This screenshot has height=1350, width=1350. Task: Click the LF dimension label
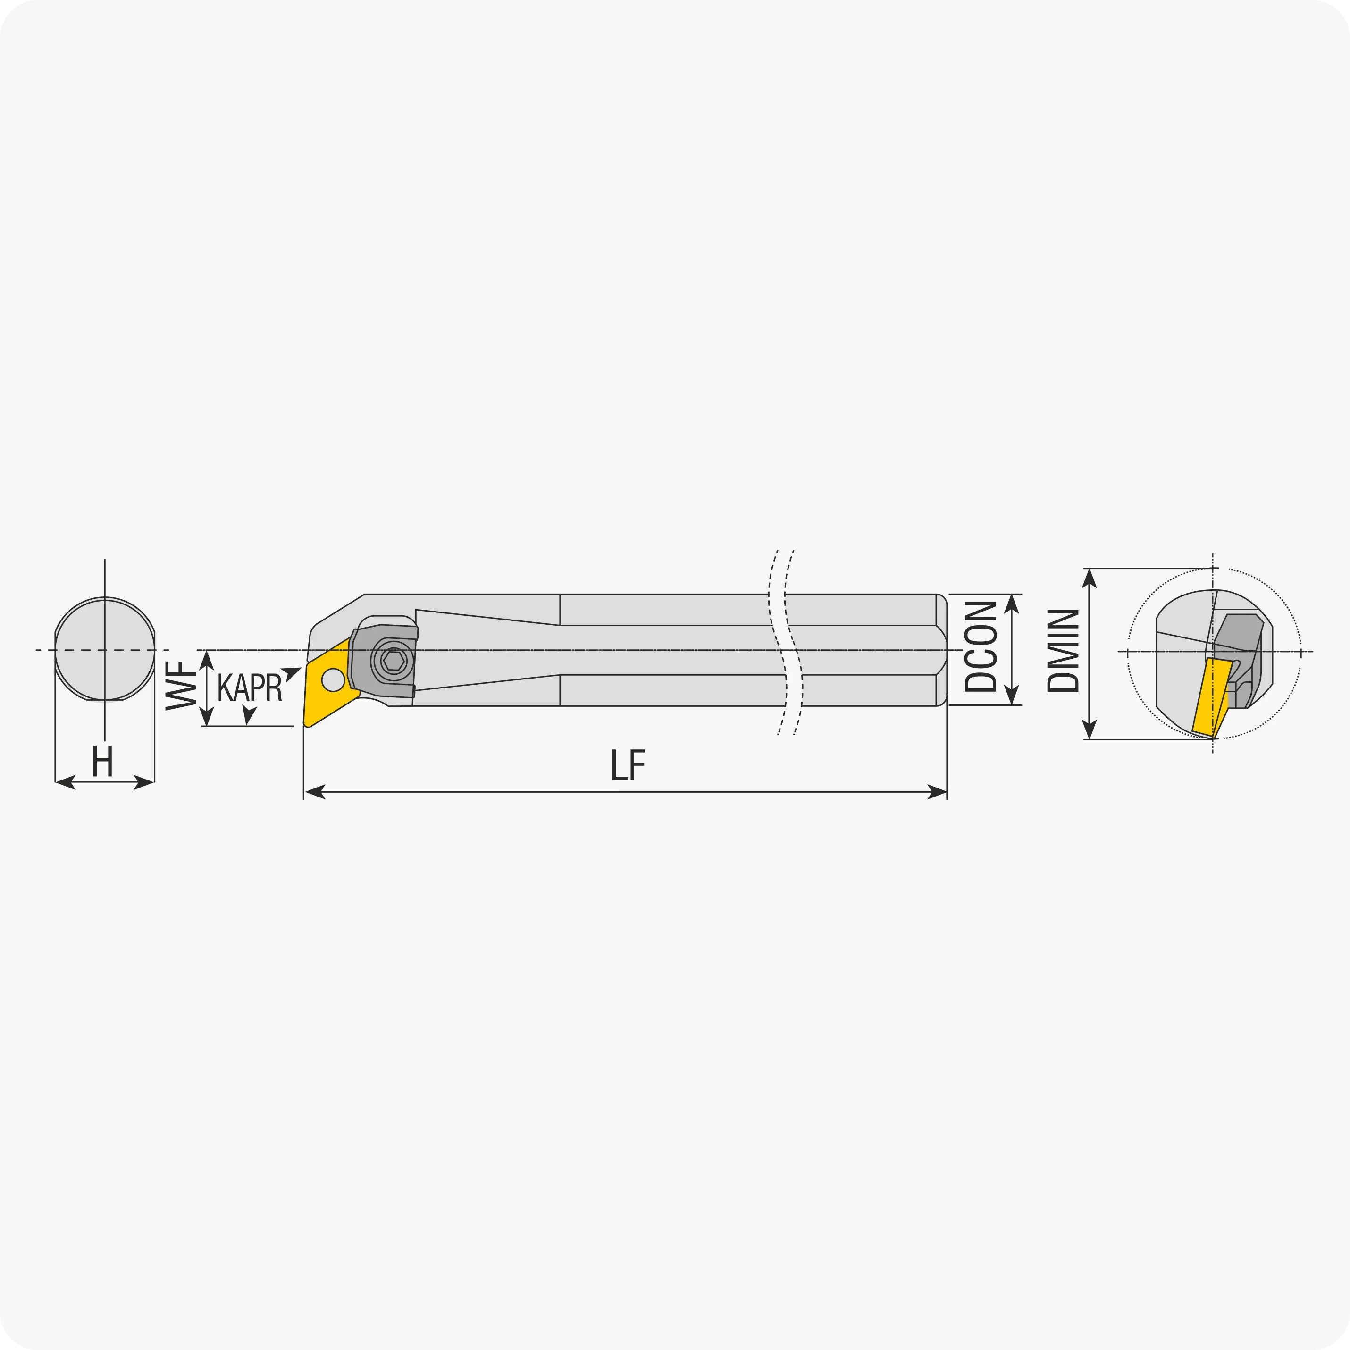click(628, 765)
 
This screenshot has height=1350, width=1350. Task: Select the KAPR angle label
click(250, 687)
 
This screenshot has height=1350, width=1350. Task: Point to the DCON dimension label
click(981, 646)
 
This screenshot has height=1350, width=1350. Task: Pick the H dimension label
click(103, 761)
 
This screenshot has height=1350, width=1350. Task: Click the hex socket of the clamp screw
click(394, 660)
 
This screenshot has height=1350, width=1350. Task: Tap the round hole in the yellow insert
click(333, 679)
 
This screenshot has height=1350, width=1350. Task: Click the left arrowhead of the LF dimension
click(314, 792)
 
